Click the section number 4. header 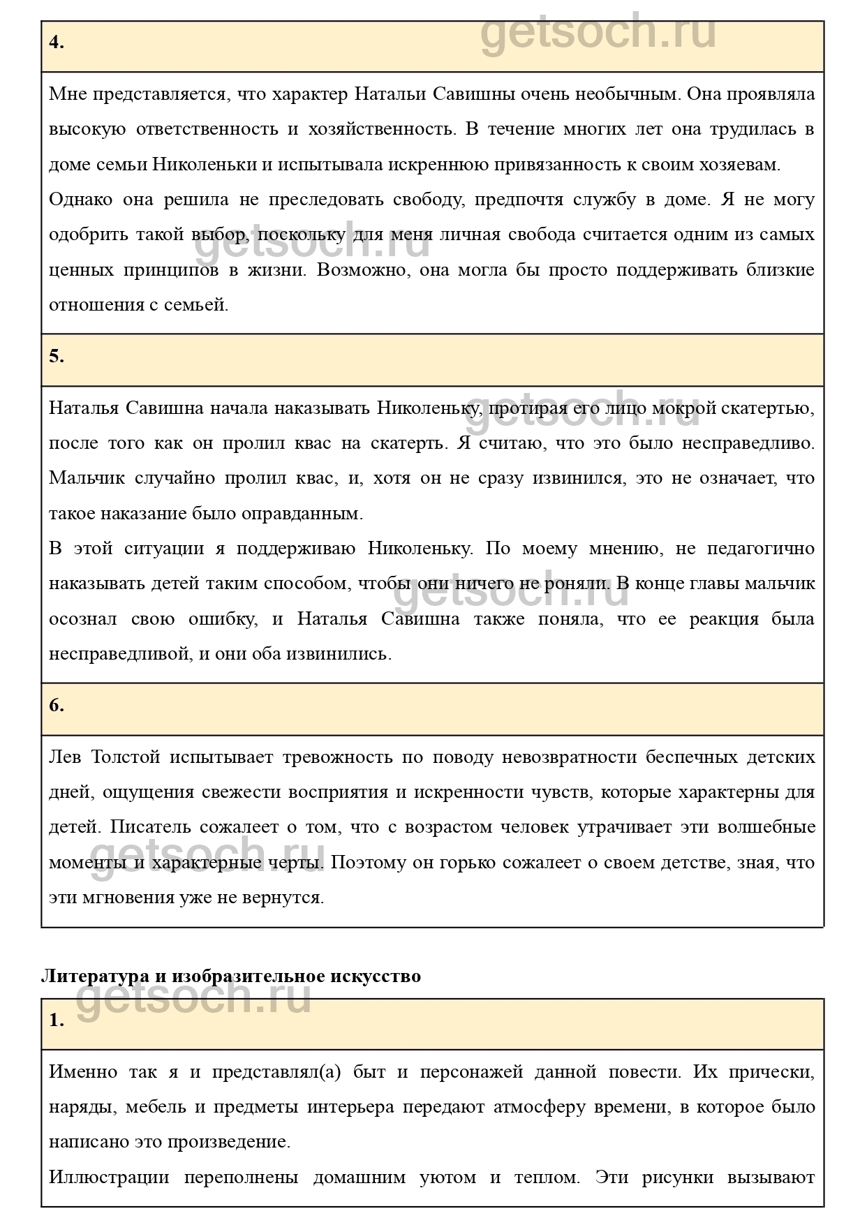tap(57, 43)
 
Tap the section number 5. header tap(57, 357)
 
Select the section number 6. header tap(57, 706)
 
